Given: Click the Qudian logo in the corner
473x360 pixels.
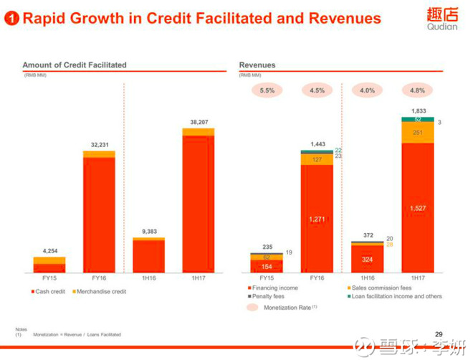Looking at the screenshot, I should click(441, 18).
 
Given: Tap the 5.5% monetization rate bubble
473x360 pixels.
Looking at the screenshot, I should click(267, 91).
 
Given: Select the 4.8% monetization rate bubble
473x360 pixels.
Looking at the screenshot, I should click(417, 91).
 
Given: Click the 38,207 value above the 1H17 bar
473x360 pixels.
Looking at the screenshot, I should click(199, 123).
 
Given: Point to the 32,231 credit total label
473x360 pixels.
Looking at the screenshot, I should click(99, 145).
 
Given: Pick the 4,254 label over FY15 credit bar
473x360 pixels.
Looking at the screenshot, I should click(49, 251).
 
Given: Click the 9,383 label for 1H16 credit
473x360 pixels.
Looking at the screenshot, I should click(149, 232).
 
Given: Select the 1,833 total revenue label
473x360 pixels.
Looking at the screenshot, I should click(418, 111).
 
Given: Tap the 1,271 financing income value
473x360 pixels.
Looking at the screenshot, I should click(317, 219).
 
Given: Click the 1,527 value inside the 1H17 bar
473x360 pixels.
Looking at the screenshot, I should click(418, 209).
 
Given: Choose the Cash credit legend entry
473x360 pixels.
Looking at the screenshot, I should click(49, 292).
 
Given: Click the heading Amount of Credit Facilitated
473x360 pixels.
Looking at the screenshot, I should click(74, 65).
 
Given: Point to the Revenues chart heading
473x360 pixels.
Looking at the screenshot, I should click(257, 65).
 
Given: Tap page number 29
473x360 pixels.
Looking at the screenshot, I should click(439, 334).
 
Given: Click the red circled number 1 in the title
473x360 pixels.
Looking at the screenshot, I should click(12, 18).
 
